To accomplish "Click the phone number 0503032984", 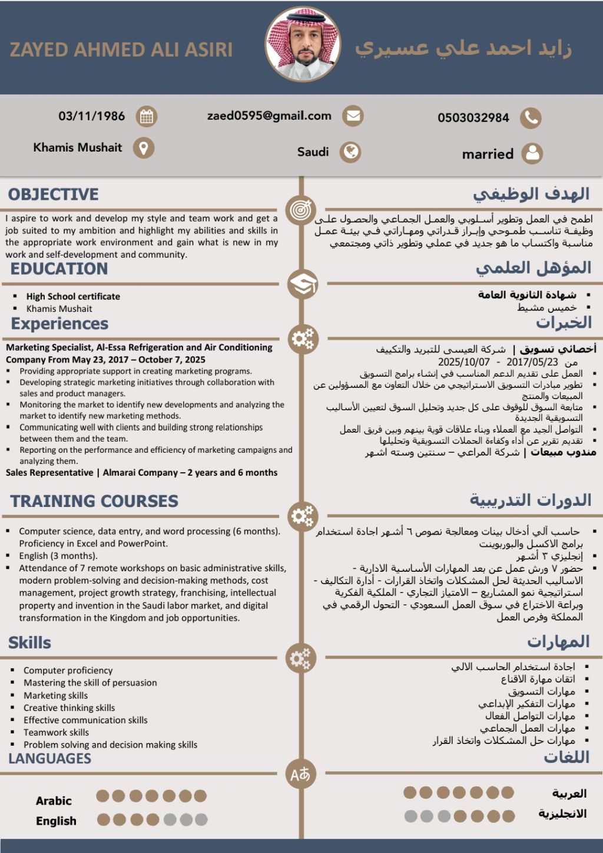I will pos(473,118).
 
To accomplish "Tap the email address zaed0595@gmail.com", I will pos(269,116).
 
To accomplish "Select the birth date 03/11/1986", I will pos(91,116).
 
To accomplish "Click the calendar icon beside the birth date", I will pos(147,116).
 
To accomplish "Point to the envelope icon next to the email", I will pos(353,116).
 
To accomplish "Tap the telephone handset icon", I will pos(531,118).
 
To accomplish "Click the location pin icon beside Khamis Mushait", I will pos(143,147).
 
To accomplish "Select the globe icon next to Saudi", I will pos(350,152).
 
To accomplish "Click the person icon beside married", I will pos(532,153).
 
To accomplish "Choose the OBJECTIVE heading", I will pos(53,195).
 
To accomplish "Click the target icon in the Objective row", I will pos(301,210).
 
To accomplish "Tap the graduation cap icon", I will pos(302,284).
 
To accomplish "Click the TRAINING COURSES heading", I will pos(94,501).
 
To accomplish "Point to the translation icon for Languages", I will pos(300,774).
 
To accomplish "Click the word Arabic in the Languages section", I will pos(54,801).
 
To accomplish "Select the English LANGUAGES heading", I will pos(50,759).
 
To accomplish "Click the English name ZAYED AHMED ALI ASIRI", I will pos(121,50).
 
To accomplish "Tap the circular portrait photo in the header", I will pos(303,44).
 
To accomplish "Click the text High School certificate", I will pos(73,297).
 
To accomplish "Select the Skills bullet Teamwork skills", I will pos(56,732).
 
